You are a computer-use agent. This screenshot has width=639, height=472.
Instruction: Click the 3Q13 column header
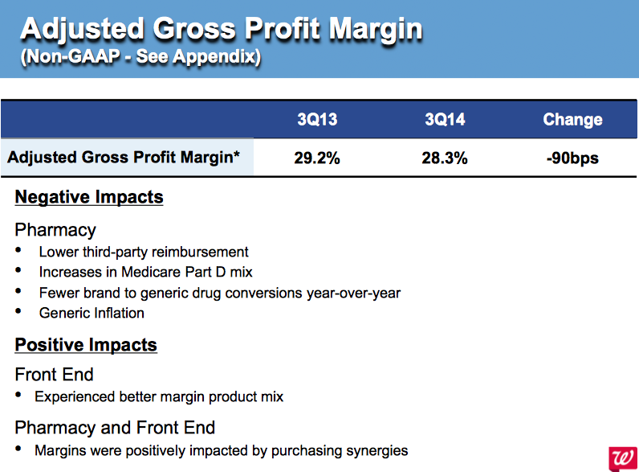(x=317, y=120)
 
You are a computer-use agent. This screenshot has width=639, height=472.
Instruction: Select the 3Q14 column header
(x=445, y=120)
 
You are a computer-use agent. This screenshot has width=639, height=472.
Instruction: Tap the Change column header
(x=572, y=120)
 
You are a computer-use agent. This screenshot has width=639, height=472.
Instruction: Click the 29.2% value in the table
(x=317, y=158)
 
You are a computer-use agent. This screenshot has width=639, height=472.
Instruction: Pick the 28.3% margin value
(x=445, y=158)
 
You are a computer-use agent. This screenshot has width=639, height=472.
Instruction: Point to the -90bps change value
(x=572, y=158)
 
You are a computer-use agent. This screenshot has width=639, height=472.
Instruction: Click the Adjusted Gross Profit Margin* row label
(x=124, y=158)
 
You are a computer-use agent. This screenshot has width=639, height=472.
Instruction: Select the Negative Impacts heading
(x=89, y=197)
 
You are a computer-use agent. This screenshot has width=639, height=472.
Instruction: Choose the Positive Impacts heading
(x=86, y=345)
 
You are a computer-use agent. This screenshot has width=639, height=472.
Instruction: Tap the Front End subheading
(x=54, y=374)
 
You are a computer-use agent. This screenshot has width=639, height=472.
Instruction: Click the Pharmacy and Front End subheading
(x=115, y=427)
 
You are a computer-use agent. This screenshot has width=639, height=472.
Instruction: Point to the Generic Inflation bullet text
(x=92, y=313)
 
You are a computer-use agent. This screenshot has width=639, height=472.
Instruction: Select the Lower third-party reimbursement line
(x=144, y=252)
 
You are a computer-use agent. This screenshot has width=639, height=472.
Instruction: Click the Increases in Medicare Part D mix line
(x=145, y=272)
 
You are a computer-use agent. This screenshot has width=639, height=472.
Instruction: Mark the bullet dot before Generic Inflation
(x=18, y=313)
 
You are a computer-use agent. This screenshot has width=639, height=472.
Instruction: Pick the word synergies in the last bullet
(x=377, y=450)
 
